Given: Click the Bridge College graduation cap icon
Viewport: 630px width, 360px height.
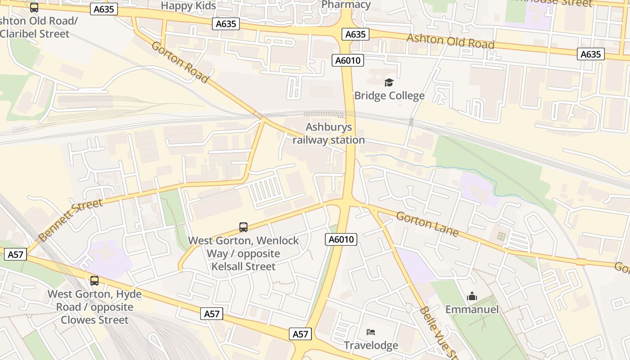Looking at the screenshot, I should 389,82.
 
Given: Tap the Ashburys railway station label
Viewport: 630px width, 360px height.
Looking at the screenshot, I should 328,134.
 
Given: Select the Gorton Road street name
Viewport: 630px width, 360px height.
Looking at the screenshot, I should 180,62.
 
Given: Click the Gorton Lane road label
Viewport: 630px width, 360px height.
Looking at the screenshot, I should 427,224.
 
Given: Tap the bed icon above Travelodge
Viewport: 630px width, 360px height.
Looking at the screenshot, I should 371,332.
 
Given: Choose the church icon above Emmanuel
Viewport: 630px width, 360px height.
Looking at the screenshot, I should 472,296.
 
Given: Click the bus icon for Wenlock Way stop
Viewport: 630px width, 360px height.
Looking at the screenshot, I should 243,227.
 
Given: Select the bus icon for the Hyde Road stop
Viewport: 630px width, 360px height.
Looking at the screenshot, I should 94,281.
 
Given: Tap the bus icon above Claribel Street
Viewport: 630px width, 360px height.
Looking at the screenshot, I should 34,8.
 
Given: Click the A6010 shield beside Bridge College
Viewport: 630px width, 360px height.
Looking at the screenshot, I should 348,60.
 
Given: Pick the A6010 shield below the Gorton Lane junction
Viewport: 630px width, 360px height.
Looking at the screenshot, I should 341,239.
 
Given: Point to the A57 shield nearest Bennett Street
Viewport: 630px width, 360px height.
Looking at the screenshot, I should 15,254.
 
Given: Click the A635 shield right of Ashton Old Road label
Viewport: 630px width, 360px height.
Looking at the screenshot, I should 590,54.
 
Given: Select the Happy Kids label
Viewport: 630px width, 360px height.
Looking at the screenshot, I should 189,6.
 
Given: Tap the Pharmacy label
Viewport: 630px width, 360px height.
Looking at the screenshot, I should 346,5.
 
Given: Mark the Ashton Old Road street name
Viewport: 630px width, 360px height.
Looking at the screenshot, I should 450,41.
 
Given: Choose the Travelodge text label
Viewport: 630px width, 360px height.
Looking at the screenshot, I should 371,345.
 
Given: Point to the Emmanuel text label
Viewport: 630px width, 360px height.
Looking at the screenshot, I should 472,309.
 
